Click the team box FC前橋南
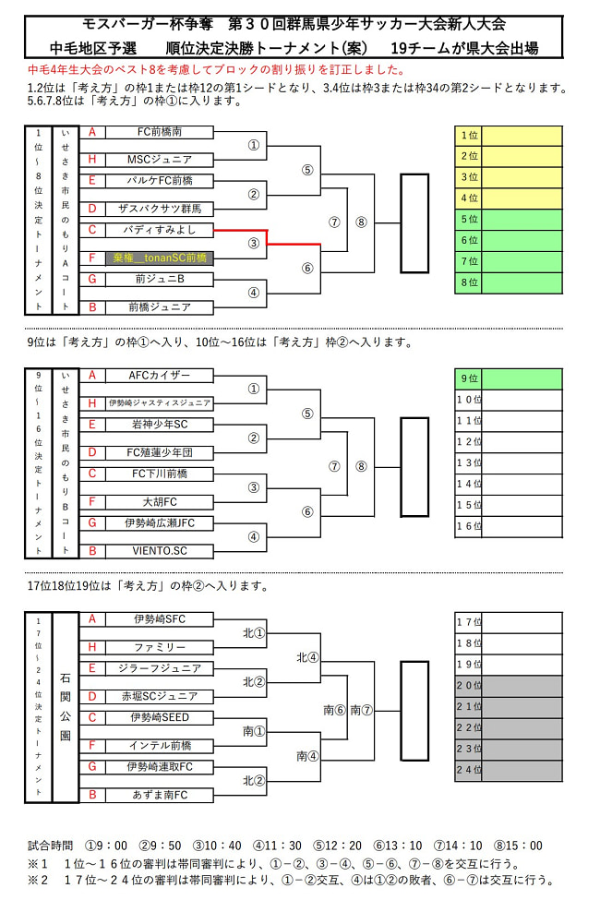click(x=160, y=132)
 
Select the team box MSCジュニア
click(x=160, y=160)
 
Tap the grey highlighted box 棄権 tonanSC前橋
click(x=160, y=258)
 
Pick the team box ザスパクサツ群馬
click(x=160, y=209)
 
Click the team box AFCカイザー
click(x=160, y=376)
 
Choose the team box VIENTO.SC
click(x=160, y=551)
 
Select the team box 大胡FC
click(x=160, y=502)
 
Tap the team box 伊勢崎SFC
click(x=160, y=619)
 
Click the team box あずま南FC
click(x=160, y=795)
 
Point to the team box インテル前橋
click(x=160, y=746)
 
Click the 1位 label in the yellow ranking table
click(x=469, y=136)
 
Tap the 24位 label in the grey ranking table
click(x=469, y=770)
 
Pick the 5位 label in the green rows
click(x=469, y=220)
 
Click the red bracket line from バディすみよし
click(x=267, y=236)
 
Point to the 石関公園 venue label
click(x=66, y=707)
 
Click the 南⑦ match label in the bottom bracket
click(x=361, y=710)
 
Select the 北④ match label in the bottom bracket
click(x=307, y=657)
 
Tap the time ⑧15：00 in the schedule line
click(x=518, y=846)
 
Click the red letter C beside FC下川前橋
click(x=92, y=474)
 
